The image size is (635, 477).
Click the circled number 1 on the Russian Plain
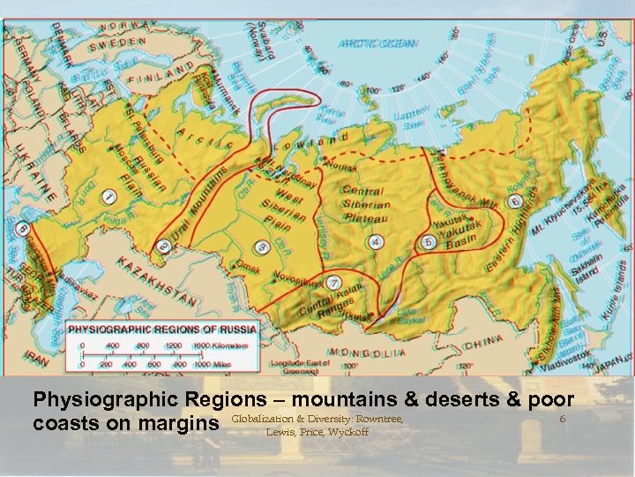(110, 195)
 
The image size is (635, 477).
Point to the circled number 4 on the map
(376, 241)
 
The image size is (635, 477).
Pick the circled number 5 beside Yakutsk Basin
(429, 241)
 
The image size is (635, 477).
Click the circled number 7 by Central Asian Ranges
(333, 283)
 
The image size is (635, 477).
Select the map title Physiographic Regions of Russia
(165, 328)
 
